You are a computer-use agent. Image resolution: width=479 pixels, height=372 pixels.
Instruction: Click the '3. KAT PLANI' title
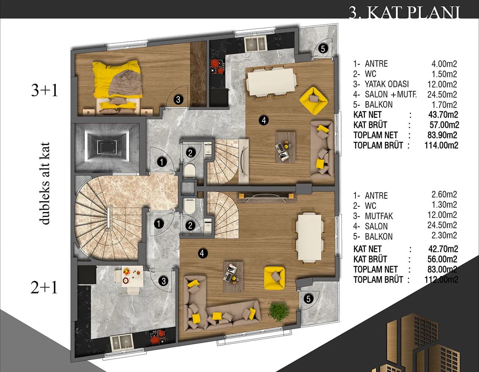405,12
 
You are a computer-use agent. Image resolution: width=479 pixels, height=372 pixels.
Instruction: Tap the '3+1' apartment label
44,91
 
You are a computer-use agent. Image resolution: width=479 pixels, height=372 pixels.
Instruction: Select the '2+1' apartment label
44,288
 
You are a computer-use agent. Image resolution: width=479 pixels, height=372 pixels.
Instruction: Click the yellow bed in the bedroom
117,81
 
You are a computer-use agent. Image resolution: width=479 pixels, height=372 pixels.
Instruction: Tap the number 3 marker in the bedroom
178,99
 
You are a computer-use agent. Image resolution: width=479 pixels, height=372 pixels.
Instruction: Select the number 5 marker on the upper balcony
323,49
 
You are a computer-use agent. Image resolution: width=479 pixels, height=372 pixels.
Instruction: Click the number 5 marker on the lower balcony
308,299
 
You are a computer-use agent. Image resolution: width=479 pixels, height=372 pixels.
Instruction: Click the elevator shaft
107,148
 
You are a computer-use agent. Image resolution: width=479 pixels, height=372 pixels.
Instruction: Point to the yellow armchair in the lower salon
274,278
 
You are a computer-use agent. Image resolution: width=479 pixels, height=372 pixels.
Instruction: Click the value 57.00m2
444,125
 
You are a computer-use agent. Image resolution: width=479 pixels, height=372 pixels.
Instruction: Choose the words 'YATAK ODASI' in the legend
387,84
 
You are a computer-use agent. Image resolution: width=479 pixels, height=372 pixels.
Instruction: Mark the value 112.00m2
441,280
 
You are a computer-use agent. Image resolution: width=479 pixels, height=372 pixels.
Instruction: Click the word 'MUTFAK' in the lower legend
379,216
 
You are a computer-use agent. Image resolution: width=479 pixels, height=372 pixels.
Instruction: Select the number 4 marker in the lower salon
202,254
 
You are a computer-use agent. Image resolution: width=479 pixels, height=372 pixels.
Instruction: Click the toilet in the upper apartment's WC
190,171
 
